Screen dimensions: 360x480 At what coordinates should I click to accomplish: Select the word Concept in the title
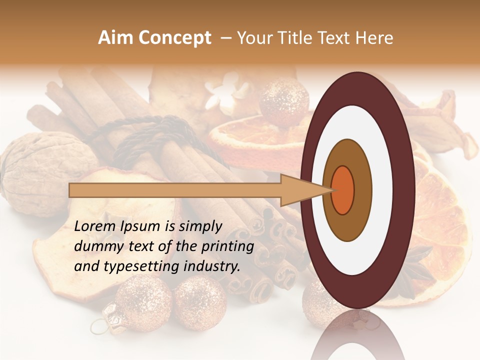click(174, 38)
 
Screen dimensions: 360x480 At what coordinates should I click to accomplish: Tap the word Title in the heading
click(297, 38)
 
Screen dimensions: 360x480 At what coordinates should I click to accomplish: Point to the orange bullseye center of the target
click(343, 190)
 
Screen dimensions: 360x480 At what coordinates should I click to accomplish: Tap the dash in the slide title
click(225, 38)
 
